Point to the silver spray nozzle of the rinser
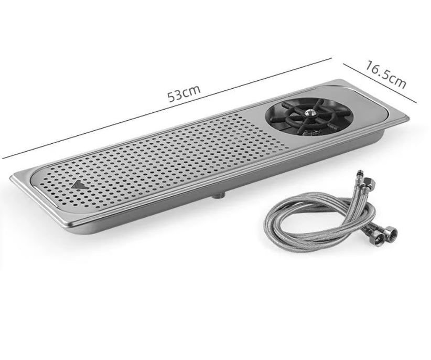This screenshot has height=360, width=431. (x=310, y=112)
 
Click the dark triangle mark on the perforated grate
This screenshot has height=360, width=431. (x=79, y=185)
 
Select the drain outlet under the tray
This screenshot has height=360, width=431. (x=219, y=195)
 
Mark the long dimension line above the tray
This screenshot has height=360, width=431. (x=167, y=108)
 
